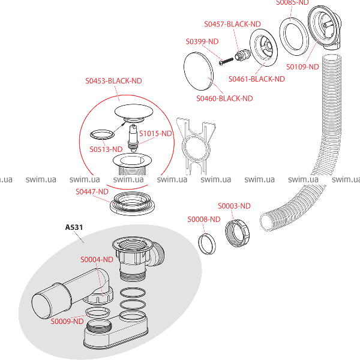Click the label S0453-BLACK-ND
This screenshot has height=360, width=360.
pyautogui.click(x=115, y=81)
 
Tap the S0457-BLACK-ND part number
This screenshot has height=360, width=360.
pyautogui.click(x=232, y=24)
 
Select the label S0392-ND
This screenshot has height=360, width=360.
pyautogui.click(x=202, y=41)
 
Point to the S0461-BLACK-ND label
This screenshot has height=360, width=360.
pyautogui.click(x=256, y=79)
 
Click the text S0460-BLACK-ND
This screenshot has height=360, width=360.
pyautogui.click(x=224, y=98)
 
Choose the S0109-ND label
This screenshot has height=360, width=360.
pyautogui.click(x=302, y=67)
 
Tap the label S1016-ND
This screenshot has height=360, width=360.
pyautogui.click(x=155, y=134)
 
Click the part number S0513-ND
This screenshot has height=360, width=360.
pyautogui.click(x=106, y=149)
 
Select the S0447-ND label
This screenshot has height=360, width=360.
pyautogui.click(x=92, y=191)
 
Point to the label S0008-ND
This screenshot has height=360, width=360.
pyautogui.click(x=204, y=220)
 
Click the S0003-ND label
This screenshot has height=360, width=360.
pyautogui.click(x=234, y=206)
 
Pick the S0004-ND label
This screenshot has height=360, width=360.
pyautogui.click(x=97, y=260)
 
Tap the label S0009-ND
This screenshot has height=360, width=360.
pyautogui.click(x=67, y=322)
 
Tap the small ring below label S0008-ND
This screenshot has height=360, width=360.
pyautogui.click(x=208, y=245)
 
